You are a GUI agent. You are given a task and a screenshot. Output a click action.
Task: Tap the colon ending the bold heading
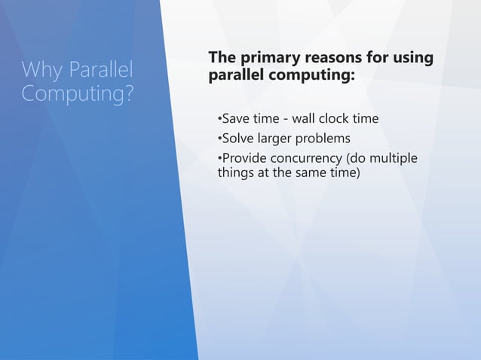tap(352, 77)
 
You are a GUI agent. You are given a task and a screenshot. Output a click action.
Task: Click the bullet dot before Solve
tap(219, 139)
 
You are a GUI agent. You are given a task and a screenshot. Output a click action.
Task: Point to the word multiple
tap(394, 158)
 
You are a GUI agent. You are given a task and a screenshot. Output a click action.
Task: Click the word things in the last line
tap(236, 173)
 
